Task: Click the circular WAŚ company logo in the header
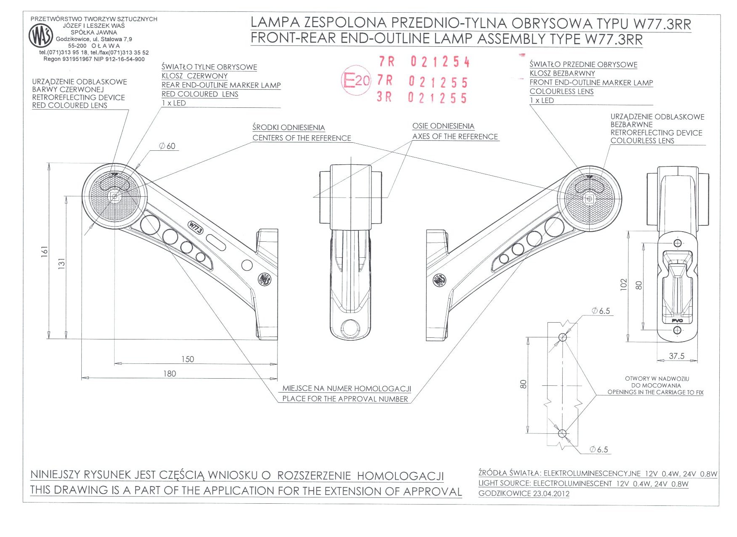40,35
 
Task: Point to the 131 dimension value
62,264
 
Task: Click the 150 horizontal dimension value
187,359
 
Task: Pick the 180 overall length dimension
169,374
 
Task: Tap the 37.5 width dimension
676,356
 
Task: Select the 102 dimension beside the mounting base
624,285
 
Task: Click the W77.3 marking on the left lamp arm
195,227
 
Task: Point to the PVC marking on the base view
677,321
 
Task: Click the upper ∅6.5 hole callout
601,311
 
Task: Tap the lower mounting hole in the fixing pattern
562,433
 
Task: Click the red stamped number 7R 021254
424,62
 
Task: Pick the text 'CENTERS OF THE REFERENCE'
302,138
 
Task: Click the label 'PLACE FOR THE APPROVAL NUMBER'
345,399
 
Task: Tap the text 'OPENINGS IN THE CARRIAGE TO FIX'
655,392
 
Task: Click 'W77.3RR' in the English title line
614,40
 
